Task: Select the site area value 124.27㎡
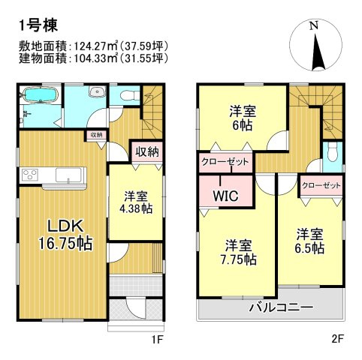point(95,45)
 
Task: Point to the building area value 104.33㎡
point(95,57)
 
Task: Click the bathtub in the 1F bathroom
point(40,95)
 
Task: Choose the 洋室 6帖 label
point(242,119)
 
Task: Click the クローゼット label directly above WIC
point(225,162)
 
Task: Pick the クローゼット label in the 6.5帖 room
point(321,184)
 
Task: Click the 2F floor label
point(337,338)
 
